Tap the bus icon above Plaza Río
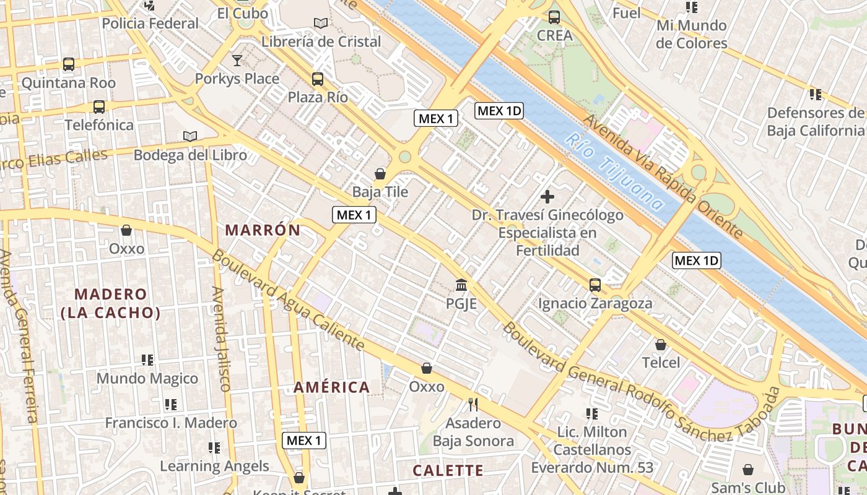318,79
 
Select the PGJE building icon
461,285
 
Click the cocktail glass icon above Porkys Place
237,61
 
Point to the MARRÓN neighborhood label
263,230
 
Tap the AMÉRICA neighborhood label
331,387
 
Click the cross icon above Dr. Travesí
547,197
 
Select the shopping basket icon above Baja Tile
380,174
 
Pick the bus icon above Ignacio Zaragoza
595,285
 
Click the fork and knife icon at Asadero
473,405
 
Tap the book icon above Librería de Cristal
320,24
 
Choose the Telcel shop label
661,363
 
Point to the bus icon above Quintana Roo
69,64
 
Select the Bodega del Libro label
190,155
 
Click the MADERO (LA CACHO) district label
111,303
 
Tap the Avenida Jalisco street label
221,338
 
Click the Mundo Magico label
147,378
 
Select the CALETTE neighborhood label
448,470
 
